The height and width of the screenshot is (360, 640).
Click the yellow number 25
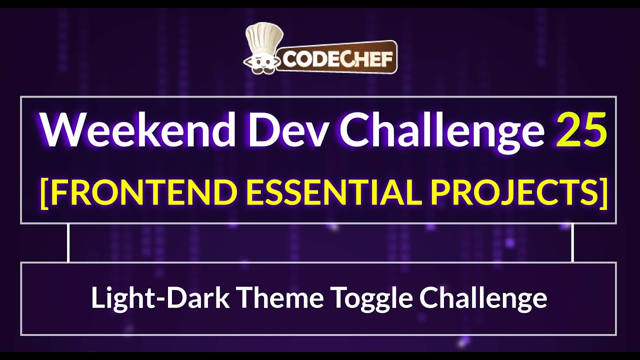pos(581,129)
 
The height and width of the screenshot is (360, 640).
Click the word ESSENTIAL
pos(328,191)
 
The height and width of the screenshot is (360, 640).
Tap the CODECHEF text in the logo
pos(338,58)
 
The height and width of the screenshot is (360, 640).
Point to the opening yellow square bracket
pos(44,192)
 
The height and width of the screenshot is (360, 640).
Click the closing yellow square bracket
pos(603,192)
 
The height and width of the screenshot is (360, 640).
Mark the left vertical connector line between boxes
pos(68,242)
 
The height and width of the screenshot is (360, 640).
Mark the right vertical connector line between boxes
pos(572,242)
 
